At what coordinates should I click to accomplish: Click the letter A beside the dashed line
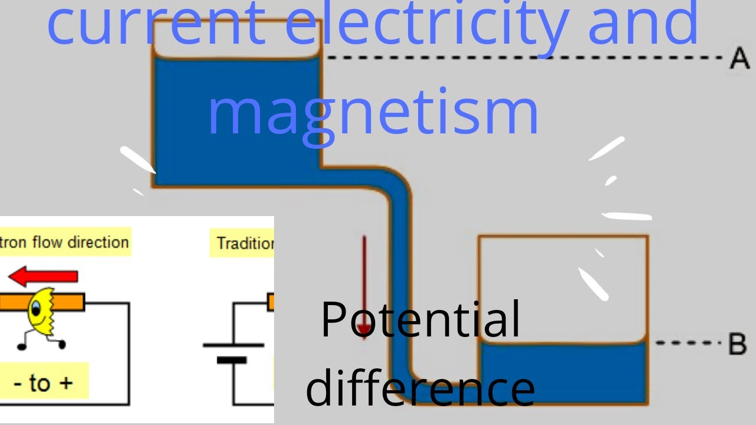(x=739, y=59)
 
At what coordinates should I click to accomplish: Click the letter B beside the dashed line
(x=737, y=344)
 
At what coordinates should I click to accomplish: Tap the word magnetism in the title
(x=373, y=112)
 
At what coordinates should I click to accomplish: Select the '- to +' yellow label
(x=44, y=382)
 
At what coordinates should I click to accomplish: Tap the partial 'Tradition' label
(x=242, y=243)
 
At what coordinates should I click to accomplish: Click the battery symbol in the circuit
(x=233, y=352)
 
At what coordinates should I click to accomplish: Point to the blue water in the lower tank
(x=563, y=372)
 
